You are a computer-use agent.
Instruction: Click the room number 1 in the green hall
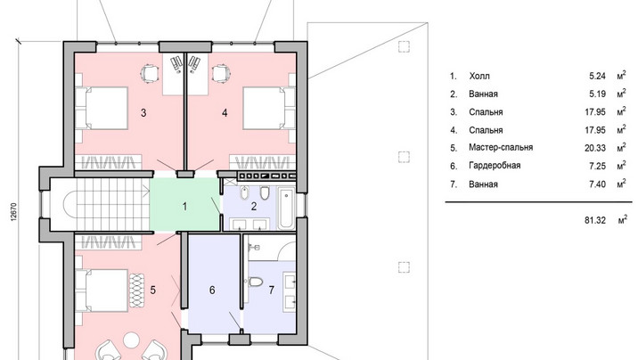[184, 207]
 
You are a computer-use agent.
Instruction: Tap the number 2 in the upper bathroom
[254, 207]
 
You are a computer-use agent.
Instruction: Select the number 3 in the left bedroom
[143, 112]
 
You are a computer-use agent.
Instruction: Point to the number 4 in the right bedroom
[225, 112]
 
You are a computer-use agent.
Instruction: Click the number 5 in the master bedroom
[153, 290]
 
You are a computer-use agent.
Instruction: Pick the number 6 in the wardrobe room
[212, 290]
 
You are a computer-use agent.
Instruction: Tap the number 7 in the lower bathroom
[272, 290]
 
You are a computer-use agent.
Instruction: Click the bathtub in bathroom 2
[286, 208]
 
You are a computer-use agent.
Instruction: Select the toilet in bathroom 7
[255, 281]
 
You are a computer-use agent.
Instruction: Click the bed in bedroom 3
[102, 108]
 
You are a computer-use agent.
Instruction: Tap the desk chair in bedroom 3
[149, 74]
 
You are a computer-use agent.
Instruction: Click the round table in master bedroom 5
[131, 340]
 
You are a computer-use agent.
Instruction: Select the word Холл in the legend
[479, 76]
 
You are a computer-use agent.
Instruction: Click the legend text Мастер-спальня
[501, 147]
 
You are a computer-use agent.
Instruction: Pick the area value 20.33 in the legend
[595, 148]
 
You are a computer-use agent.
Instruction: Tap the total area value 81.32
[595, 220]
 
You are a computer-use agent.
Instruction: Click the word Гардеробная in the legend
[495, 166]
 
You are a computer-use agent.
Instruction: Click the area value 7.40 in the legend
[597, 184]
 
